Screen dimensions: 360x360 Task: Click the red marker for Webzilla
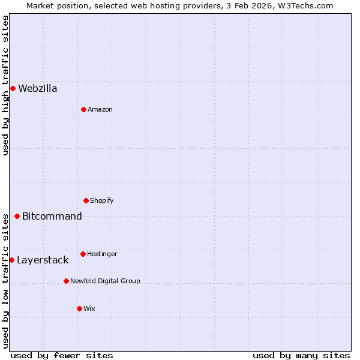(13, 88)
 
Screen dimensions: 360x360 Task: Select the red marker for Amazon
(83, 109)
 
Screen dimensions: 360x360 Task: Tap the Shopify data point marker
(86, 200)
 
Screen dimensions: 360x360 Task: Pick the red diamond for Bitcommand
(17, 216)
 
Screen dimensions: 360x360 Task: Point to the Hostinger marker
(83, 254)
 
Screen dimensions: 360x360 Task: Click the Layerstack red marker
(11, 260)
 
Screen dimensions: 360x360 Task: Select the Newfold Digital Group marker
(66, 281)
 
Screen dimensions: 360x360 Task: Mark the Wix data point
(79, 308)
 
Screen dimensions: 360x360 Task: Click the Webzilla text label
(38, 89)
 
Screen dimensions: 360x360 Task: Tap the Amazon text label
(100, 110)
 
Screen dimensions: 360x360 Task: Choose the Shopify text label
(102, 201)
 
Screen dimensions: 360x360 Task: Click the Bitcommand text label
(52, 217)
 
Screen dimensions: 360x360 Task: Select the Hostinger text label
(102, 254)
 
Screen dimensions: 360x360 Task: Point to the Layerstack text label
(43, 260)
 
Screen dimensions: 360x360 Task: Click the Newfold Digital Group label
(105, 281)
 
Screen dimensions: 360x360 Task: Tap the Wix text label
(89, 309)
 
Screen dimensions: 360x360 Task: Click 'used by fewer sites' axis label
(62, 355)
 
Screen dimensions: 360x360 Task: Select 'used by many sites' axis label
(301, 355)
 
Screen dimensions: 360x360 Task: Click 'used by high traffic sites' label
(5, 85)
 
